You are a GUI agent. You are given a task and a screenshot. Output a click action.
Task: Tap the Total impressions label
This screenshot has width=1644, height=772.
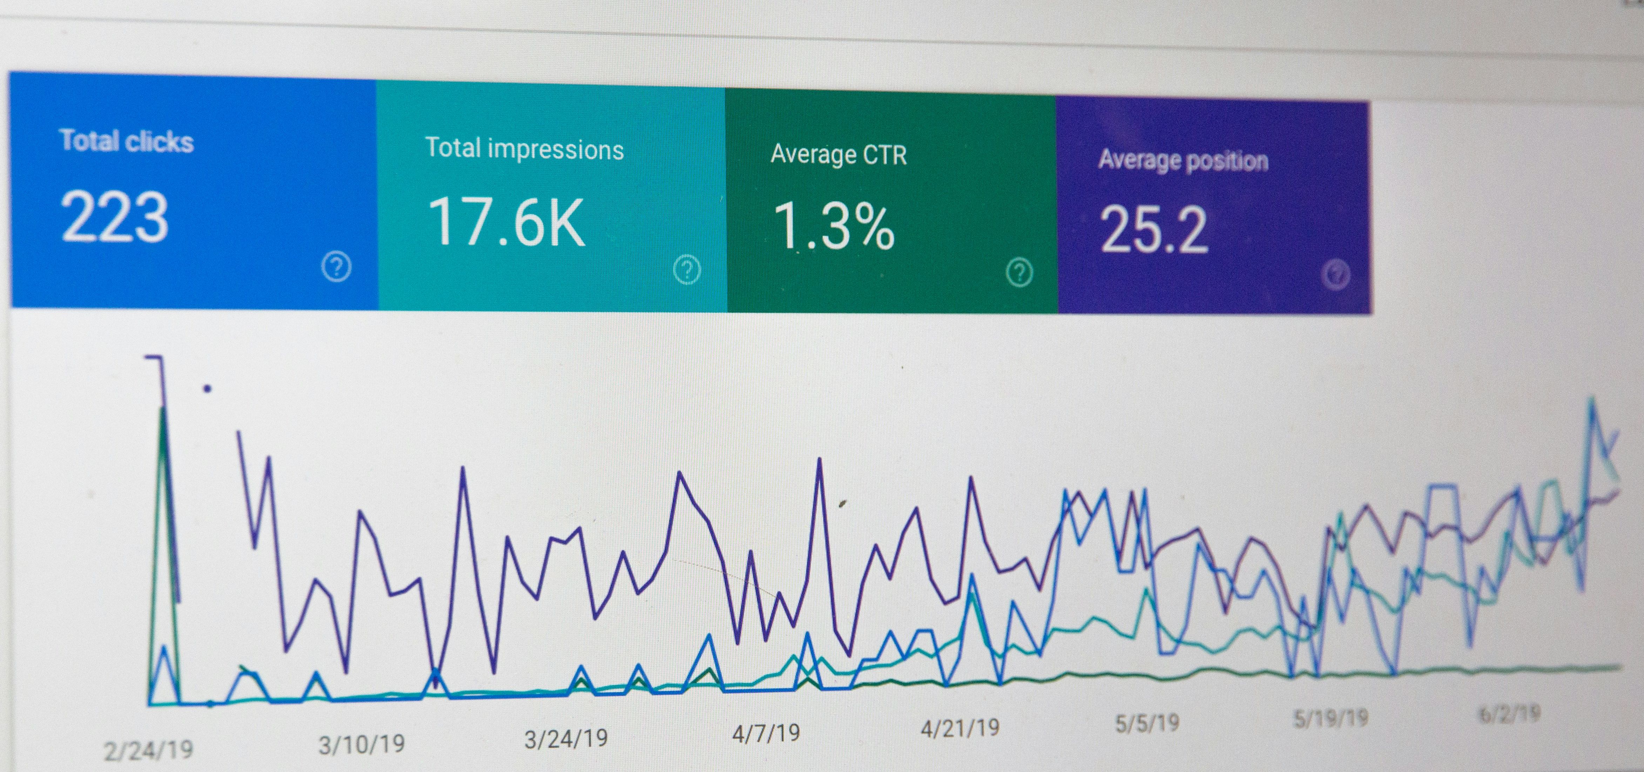pos(524,149)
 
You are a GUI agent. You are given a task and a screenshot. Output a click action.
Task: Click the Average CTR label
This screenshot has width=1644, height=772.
pos(838,154)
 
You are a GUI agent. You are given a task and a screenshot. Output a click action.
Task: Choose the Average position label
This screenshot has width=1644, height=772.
pos(1183,160)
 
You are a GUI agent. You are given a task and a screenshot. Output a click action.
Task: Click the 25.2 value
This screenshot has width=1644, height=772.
pos(1153,230)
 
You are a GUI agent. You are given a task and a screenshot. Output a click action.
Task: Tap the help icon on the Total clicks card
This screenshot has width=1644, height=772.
pos(337,267)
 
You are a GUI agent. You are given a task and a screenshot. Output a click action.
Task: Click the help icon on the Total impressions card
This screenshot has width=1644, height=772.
pos(687,270)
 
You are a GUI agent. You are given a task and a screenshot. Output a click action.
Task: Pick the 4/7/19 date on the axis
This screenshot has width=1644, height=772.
pos(766,733)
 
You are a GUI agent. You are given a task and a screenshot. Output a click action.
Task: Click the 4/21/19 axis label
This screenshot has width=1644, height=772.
pos(960,728)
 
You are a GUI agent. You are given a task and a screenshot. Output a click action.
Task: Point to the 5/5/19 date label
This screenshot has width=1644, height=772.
pos(1147,723)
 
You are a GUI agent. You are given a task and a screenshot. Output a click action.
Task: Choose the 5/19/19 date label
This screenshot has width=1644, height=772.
pos(1330,718)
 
